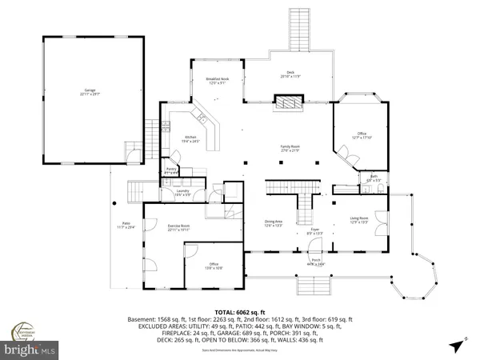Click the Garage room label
click(89, 94)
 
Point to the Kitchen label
click(191, 139)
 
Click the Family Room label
click(289, 149)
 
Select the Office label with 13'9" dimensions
click(214, 265)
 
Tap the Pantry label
click(171, 170)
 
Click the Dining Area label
click(274, 223)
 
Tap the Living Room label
click(359, 220)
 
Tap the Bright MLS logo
click(32, 349)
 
